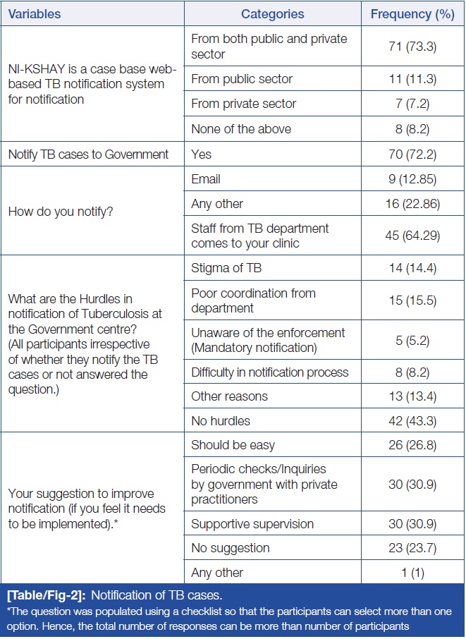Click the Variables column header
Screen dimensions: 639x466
[x=36, y=14]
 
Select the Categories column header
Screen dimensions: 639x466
[x=272, y=14]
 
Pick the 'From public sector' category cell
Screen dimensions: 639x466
[x=242, y=79]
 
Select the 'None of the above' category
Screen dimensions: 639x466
[x=241, y=129]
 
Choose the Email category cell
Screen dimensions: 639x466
[x=206, y=179]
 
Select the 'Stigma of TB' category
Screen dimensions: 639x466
[x=227, y=268]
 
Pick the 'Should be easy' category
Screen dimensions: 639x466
[x=233, y=445]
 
